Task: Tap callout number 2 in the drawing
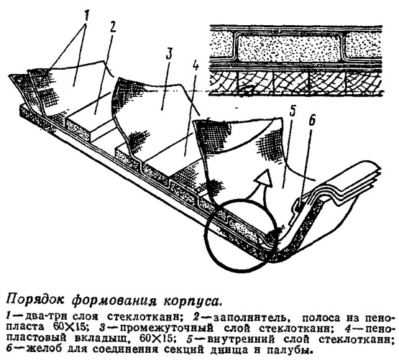click(x=111, y=27)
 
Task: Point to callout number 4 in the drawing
click(x=196, y=66)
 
